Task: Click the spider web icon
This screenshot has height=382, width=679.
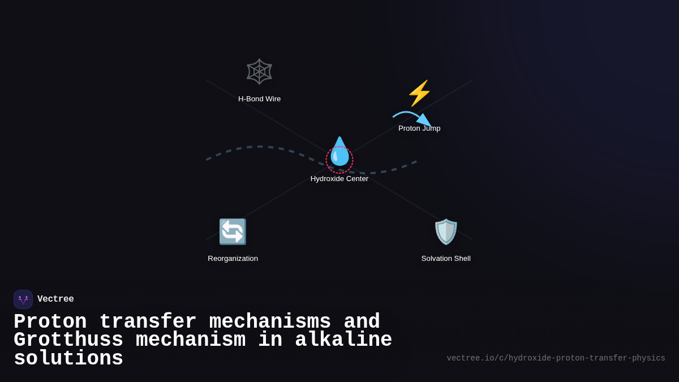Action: click(x=259, y=72)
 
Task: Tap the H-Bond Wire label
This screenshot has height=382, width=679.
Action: click(x=259, y=99)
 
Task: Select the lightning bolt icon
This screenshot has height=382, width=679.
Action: click(x=419, y=93)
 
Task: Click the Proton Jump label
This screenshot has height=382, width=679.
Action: click(x=419, y=128)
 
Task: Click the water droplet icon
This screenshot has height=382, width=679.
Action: click(x=339, y=152)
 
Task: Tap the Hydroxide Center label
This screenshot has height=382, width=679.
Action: click(x=339, y=179)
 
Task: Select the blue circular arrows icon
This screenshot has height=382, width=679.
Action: click(x=233, y=231)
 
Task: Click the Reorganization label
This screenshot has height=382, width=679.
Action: click(x=233, y=259)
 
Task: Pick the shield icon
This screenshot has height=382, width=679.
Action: click(x=446, y=231)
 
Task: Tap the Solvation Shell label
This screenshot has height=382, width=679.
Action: click(x=446, y=259)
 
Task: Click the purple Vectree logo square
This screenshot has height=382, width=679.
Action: click(x=23, y=299)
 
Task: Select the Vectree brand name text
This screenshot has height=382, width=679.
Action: click(x=55, y=299)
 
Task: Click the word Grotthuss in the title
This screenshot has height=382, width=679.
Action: click(x=68, y=340)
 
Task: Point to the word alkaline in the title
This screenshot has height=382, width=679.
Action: click(x=343, y=340)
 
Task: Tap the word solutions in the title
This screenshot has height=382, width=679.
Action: click(x=68, y=359)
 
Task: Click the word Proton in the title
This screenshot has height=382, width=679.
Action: click(x=50, y=322)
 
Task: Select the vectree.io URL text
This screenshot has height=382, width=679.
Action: click(x=556, y=358)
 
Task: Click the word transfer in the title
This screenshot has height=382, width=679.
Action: click(x=148, y=322)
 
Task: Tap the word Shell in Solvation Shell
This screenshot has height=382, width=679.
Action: click(x=461, y=259)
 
